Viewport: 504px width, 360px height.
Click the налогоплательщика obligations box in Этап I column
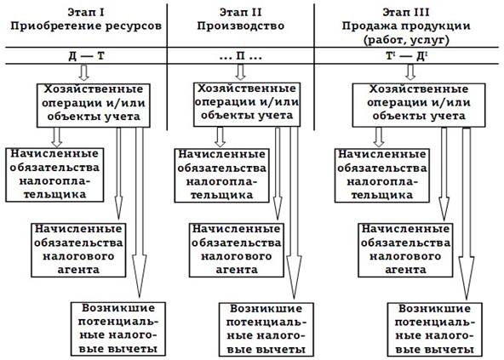click(x=55, y=174)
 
